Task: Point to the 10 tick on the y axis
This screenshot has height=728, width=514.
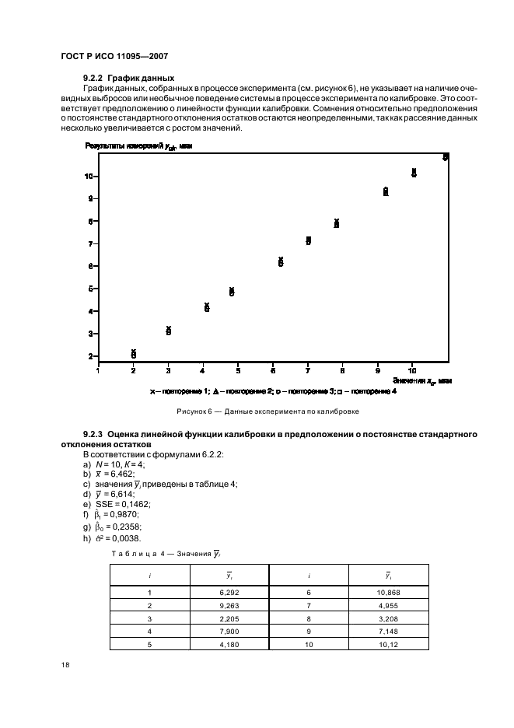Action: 89,177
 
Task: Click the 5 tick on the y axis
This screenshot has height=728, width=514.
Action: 90,289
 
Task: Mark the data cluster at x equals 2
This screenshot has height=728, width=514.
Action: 134,354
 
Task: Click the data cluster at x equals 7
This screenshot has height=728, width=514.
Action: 309,241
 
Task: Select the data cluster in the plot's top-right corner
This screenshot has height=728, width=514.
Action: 446,157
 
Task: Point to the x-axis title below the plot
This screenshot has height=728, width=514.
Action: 421,380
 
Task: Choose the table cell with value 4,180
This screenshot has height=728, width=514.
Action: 229,645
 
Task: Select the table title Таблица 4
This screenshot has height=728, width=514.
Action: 172,553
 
